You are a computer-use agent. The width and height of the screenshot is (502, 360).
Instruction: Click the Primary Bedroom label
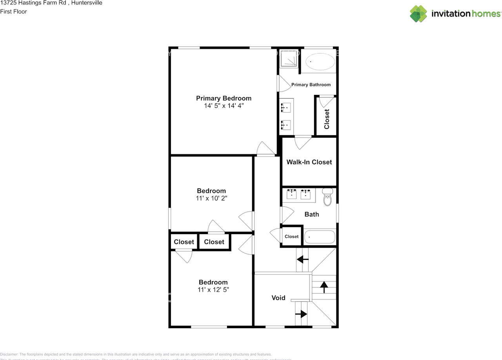(224, 98)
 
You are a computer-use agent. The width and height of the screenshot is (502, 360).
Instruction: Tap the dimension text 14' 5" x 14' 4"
(224, 106)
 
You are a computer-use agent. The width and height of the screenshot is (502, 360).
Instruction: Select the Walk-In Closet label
(309, 162)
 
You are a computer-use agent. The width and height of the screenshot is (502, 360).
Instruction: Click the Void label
(278, 298)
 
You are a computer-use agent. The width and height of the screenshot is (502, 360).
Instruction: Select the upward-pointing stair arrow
(324, 287)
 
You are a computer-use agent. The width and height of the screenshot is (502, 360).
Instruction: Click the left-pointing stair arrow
(302, 259)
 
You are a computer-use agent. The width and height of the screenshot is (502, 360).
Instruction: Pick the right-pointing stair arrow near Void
(301, 314)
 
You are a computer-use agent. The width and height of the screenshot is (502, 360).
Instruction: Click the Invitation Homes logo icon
(418, 14)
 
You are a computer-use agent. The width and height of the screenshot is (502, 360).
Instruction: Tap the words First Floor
(13, 11)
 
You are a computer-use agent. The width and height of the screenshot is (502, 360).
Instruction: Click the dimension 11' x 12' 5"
(213, 290)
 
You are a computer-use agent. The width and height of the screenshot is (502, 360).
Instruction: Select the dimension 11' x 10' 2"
(211, 199)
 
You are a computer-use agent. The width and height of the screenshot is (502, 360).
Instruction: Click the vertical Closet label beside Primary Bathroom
(327, 119)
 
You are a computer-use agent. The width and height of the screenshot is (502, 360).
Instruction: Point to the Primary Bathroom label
(311, 85)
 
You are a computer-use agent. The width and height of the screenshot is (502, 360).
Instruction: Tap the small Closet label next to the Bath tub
(291, 236)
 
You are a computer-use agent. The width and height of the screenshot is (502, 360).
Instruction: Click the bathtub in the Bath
(320, 237)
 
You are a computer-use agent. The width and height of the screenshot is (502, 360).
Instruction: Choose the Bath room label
(312, 214)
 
